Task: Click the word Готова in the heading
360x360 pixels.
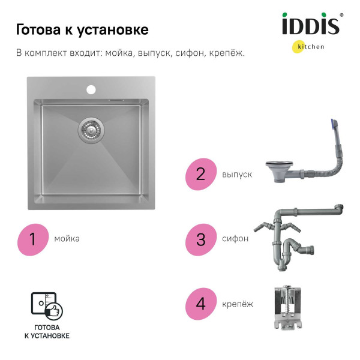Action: pos(37,30)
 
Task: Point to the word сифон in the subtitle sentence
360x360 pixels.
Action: pos(190,53)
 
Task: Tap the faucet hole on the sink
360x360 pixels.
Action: pos(91,89)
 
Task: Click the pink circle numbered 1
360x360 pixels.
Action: pos(33,239)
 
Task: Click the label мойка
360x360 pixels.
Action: pos(67,239)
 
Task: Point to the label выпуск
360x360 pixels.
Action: pos(237,175)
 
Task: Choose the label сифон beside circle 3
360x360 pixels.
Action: pos(235,239)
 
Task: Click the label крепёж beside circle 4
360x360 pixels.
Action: pos(238,304)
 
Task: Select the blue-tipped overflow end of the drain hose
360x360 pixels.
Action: pos(334,127)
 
